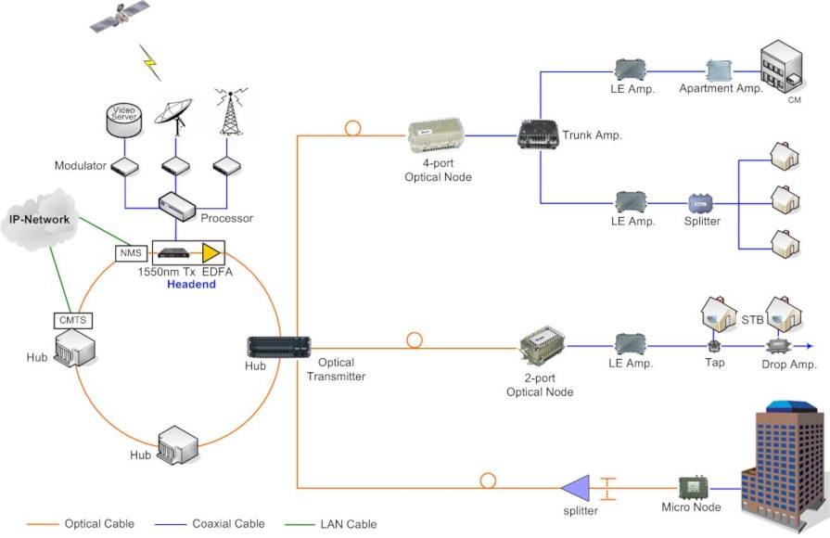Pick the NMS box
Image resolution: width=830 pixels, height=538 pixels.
pos(127,252)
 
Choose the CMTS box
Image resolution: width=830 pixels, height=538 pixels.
pos(72,321)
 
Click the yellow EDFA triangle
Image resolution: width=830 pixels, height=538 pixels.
pos(212,250)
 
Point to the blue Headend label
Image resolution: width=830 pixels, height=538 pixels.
pos(191,284)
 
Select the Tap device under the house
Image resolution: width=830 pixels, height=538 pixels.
pos(714,347)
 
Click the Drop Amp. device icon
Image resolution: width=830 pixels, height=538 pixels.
pos(779,346)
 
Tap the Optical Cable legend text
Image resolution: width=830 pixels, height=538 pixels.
pos(99,524)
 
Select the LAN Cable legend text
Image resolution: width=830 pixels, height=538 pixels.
pos(349,524)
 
